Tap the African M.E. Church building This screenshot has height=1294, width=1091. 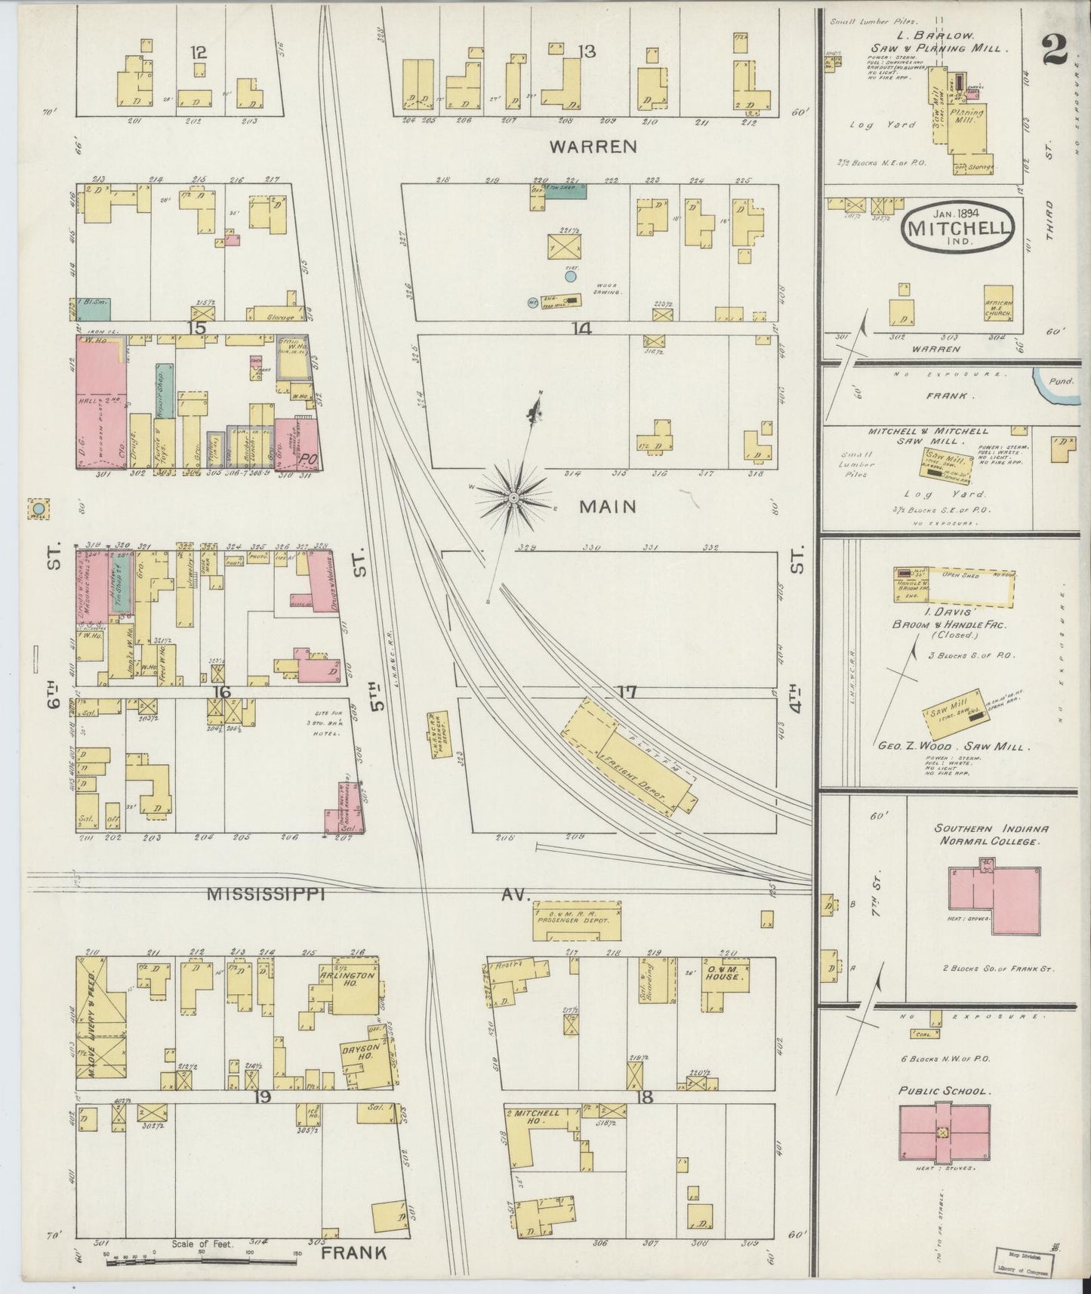click(x=998, y=305)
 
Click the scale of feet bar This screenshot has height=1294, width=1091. click(x=200, y=1258)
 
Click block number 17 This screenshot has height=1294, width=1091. click(x=627, y=691)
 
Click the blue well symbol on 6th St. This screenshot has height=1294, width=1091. click(x=38, y=511)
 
